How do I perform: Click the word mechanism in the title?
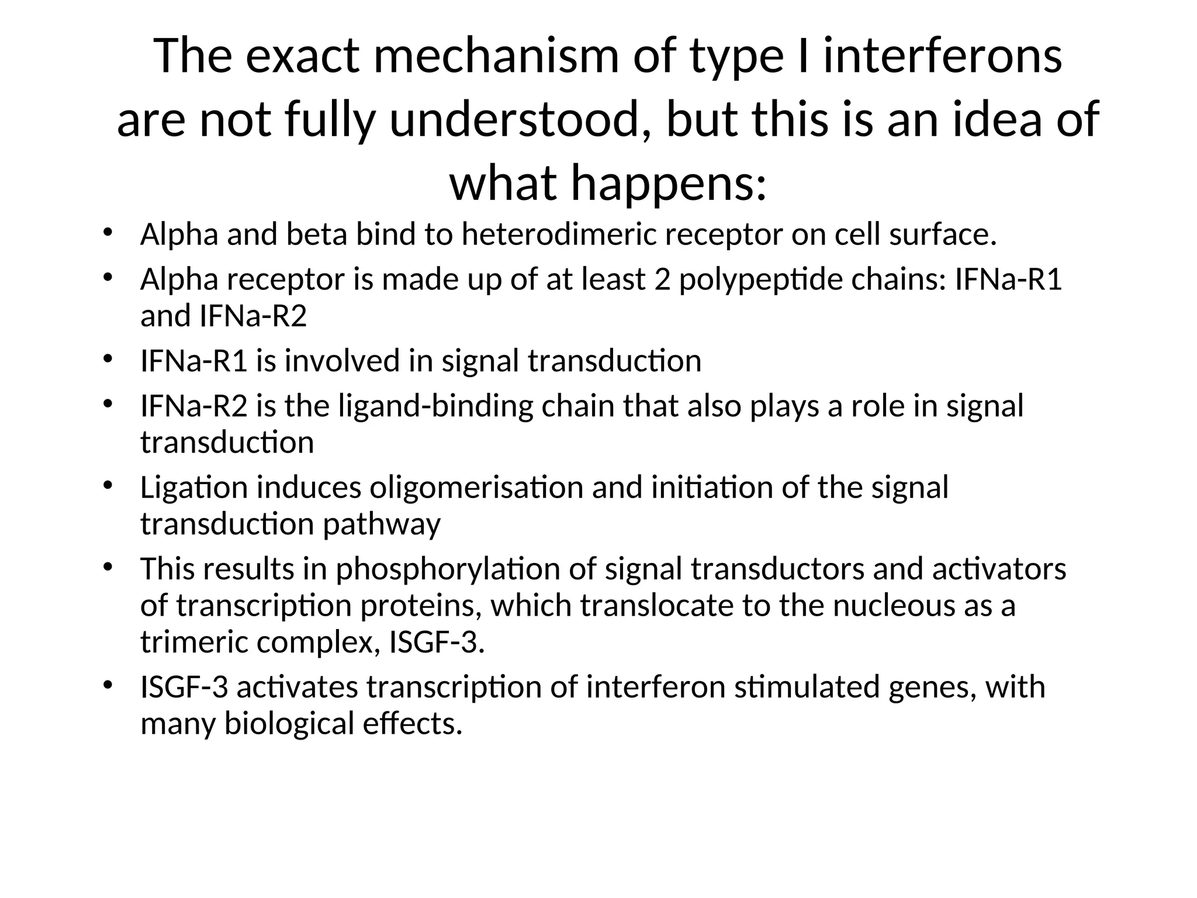pos(496,57)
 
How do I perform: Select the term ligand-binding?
pos(436,406)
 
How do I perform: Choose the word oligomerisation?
pos(476,488)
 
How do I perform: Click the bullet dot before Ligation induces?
pos(107,485)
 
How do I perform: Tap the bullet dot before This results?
pos(107,567)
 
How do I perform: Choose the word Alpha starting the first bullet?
pos(179,234)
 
